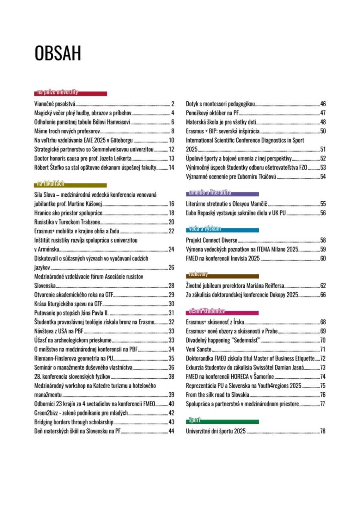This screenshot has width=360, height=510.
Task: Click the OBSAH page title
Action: (x=58, y=54)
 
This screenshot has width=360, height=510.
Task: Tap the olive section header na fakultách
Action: (x=50, y=184)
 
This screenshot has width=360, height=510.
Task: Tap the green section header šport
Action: (x=195, y=421)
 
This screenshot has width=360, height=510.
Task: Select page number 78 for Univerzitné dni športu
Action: (x=323, y=432)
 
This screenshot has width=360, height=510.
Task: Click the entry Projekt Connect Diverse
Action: (x=212, y=240)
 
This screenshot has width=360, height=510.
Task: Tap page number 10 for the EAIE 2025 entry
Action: (x=171, y=140)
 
